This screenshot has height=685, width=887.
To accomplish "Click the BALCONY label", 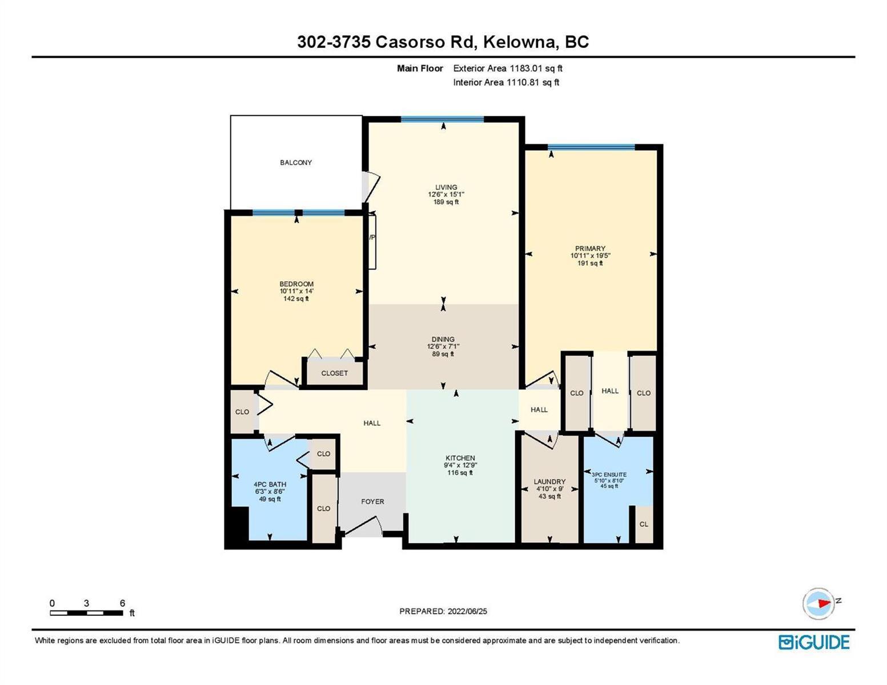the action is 295,162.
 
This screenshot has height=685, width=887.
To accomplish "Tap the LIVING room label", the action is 446,187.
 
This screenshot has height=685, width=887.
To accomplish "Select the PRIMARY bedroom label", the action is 590,248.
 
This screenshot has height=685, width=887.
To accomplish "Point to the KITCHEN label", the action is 460,458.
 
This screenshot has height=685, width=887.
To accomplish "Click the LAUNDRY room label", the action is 549,482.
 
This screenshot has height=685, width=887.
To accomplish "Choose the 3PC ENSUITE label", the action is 609,474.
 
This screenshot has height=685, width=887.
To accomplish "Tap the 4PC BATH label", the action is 270,484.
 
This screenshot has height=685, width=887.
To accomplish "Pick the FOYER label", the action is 372,501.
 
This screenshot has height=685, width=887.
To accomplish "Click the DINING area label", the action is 443,339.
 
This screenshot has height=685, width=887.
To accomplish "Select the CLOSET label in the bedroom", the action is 334,373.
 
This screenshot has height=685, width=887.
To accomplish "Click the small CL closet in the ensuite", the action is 644,524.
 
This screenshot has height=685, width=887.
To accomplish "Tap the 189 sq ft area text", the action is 446,202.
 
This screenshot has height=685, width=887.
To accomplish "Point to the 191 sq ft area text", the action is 590,263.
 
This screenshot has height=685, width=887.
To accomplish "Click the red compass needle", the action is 824,603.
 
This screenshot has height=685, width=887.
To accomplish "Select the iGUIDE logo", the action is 813,642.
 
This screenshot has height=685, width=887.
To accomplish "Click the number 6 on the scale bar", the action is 122,603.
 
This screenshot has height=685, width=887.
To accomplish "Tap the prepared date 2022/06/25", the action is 467,611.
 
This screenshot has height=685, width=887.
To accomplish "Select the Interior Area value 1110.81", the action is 521,82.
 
